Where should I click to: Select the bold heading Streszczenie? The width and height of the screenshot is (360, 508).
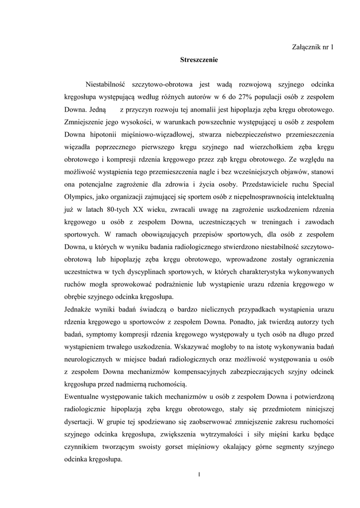[199, 60]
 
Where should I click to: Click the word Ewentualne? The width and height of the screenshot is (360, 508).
[85, 395]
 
